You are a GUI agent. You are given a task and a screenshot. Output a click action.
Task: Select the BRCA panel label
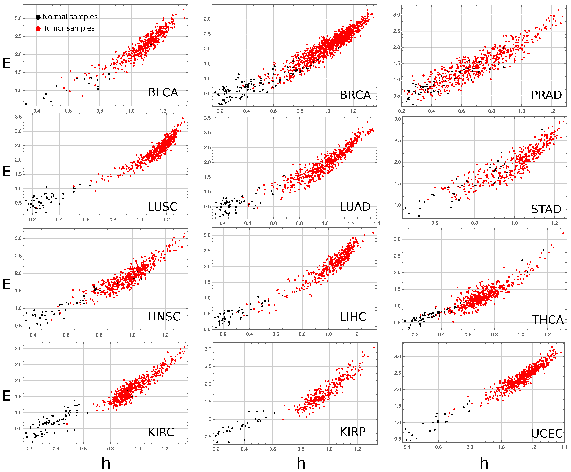tap(355, 95)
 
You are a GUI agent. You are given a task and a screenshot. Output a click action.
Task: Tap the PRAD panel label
tap(547, 95)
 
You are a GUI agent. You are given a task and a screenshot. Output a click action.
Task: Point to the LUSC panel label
tap(163, 207)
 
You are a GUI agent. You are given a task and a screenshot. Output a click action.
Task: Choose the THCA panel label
tap(547, 320)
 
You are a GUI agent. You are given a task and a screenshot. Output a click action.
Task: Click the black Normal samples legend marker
tap(38, 17)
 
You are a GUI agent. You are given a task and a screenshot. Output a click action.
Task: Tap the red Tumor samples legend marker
tap(38, 28)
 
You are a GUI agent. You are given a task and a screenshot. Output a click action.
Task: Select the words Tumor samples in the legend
tap(69, 28)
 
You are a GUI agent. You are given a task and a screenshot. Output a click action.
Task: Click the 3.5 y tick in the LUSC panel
tap(18, 117)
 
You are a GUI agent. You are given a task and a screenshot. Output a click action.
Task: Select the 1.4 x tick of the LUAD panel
tap(377, 223)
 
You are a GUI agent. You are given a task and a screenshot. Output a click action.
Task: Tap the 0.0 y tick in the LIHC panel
tap(207, 329)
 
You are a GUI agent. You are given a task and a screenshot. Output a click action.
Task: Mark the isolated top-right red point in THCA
tap(563, 233)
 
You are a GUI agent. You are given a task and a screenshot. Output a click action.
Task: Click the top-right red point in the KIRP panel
tap(374, 347)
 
